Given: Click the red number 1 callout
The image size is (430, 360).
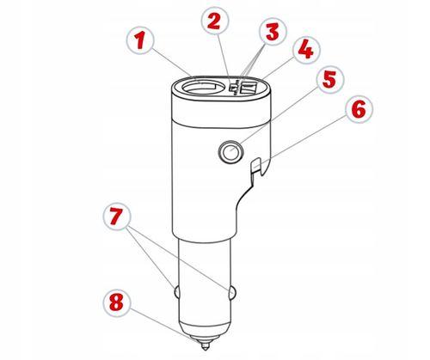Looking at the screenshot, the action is coord(140,40).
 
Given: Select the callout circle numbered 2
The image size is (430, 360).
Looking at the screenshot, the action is coord(215,21).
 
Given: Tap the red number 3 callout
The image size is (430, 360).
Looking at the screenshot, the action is coord(273,31).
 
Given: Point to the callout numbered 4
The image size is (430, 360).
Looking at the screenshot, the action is coord(306,50).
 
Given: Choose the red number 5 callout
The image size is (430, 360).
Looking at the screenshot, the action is coord(329,80).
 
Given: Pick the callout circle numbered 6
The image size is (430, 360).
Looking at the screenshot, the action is coord(359,109).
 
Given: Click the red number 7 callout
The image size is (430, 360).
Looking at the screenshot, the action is coord(117,217).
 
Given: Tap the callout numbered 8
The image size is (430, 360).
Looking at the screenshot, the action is coord(117,302).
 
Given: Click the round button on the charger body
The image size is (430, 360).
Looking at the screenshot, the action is coord(230,151).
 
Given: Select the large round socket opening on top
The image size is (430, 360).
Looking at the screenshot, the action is coord(199,87).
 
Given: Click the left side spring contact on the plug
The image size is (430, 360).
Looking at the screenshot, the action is coord(176,292).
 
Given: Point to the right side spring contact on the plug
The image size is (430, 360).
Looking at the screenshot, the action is coord(233,292).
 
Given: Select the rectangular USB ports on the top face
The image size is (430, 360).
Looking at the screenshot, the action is coord(248,87).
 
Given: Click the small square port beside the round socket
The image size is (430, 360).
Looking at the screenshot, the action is coord(233,88).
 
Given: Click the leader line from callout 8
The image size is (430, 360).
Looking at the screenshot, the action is coord(165,326).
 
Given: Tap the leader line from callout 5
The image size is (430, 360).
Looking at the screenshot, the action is coord(276,118).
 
